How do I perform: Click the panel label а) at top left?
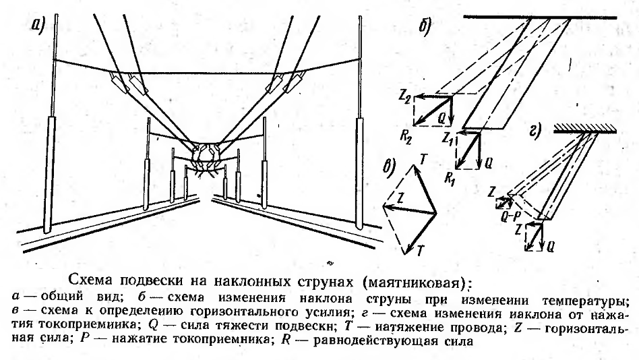(x=37, y=26)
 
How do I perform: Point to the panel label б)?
(x=425, y=28)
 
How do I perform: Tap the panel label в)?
(x=390, y=169)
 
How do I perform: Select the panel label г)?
(x=535, y=131)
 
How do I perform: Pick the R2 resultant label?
(x=406, y=138)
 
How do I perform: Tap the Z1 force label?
(x=448, y=138)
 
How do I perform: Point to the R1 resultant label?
(x=450, y=179)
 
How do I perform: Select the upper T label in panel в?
(x=423, y=159)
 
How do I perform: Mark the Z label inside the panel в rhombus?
(x=400, y=199)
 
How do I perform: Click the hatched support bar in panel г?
(x=585, y=129)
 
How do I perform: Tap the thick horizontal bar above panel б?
(x=540, y=18)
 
